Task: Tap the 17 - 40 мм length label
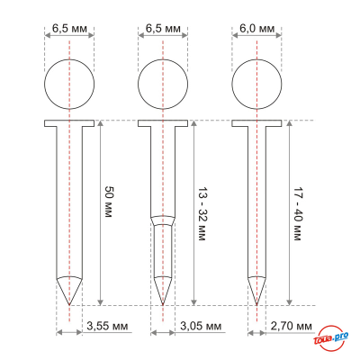297,212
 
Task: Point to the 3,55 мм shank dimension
106,325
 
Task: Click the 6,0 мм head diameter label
256,29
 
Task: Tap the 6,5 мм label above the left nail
68,29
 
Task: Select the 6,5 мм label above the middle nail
162,29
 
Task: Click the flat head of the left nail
68,123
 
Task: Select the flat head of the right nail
256,123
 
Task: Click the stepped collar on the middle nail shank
162,220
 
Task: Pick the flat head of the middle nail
162,123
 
